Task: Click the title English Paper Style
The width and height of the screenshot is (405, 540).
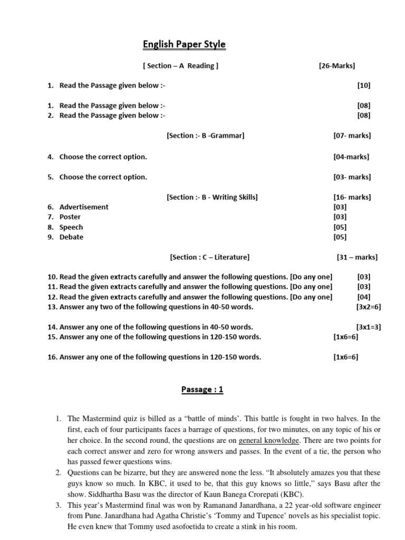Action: pos(184,45)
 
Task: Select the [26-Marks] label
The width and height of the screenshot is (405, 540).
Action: pos(337,66)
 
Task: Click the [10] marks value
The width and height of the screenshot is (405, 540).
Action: pos(364,85)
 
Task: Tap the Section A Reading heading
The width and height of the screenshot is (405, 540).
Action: pos(180,66)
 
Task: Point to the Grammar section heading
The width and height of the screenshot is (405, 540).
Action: pos(205,136)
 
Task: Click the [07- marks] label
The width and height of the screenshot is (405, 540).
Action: pos(352,136)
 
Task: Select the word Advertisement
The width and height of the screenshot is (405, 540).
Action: pos(84,207)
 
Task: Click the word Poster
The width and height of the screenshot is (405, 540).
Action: pos(70,217)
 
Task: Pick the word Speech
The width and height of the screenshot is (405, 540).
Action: pos(71,227)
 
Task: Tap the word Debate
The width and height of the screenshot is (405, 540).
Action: pos(71,237)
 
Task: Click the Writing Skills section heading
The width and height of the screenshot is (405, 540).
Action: pos(212,197)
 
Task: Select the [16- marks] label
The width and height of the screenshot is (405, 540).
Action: pos(352,197)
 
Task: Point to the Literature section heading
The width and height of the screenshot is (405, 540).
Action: pos(209,257)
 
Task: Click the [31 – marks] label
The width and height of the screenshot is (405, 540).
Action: pos(357,257)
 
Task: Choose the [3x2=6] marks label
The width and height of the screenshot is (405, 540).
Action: pos(369,307)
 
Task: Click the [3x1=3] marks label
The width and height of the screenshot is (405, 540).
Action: pos(369,327)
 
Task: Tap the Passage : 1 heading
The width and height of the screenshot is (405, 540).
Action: pos(202,390)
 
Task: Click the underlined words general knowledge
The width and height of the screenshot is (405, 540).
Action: pos(269,441)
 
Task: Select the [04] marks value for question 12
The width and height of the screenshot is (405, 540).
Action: pos(364,297)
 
